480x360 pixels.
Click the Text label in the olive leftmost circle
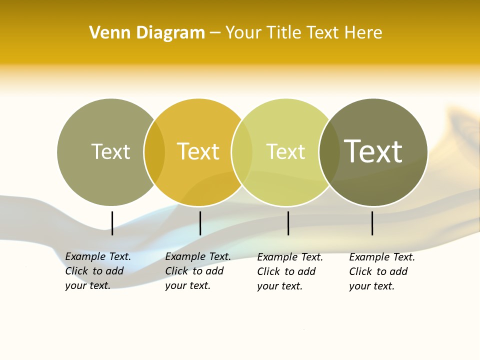tap(110, 151)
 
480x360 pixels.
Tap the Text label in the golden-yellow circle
tap(198, 151)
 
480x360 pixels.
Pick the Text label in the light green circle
tap(285, 152)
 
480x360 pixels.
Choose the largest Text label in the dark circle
tap(373, 151)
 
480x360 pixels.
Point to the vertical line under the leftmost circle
tap(112, 223)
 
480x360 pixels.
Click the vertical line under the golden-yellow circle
tap(200, 223)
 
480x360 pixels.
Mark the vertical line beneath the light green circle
tap(288, 223)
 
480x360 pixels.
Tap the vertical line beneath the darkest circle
tap(372, 223)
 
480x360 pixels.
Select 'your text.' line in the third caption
tap(279, 286)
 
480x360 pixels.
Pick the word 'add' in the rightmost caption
tap(398, 271)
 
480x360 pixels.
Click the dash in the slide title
tap(215, 33)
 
